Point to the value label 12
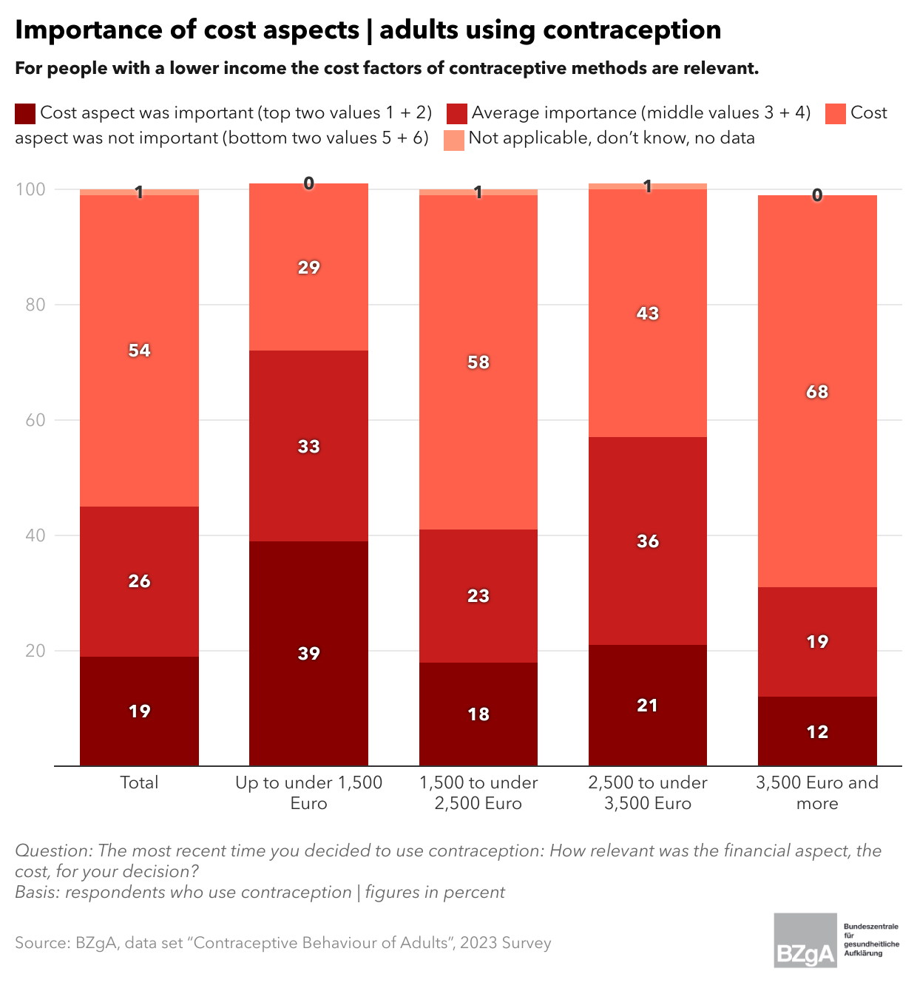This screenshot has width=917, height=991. (x=817, y=732)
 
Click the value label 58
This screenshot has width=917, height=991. (x=478, y=362)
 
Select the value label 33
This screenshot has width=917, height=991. (x=308, y=447)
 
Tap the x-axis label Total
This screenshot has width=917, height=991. (x=139, y=782)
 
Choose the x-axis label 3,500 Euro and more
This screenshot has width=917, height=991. (x=817, y=793)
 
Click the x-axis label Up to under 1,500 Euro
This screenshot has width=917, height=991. (x=308, y=793)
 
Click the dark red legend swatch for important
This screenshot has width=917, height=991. (x=25, y=113)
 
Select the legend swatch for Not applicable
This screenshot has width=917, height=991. (x=454, y=139)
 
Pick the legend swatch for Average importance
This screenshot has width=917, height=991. (x=457, y=113)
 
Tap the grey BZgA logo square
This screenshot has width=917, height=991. (x=805, y=940)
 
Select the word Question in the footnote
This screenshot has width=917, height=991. (x=52, y=850)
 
